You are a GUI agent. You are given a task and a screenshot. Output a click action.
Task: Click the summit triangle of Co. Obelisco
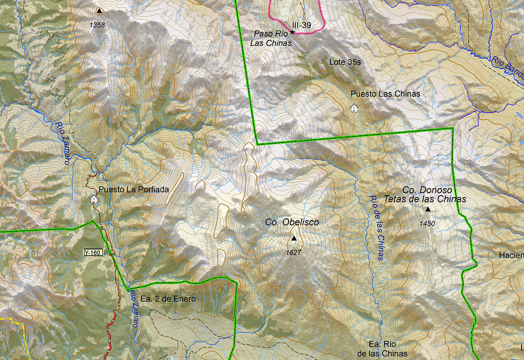point(294,238)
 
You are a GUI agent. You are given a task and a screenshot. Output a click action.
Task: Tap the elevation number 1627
point(294,252)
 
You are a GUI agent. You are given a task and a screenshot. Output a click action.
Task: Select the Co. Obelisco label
point(292,222)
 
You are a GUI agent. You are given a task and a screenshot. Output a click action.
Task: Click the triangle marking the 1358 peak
point(99,10)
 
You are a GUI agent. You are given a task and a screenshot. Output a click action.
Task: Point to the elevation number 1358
point(97,25)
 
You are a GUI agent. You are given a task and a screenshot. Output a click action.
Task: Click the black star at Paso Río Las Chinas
point(292,32)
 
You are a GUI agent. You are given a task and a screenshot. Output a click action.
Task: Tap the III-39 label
point(302,25)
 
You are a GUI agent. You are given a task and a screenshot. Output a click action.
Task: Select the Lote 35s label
point(345,62)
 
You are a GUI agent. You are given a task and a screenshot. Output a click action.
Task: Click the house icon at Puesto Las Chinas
point(354,108)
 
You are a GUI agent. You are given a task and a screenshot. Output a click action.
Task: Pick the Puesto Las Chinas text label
point(385,94)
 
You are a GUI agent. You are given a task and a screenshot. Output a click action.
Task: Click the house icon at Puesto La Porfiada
point(94,199)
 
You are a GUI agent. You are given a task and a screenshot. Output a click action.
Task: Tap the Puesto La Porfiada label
point(134,190)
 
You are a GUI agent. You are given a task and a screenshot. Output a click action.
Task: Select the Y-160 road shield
point(93,252)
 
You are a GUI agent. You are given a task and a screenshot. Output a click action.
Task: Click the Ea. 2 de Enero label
point(168,299)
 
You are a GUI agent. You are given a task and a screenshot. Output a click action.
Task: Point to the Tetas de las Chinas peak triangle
point(428,209)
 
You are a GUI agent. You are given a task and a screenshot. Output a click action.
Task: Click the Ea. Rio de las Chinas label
point(382,348)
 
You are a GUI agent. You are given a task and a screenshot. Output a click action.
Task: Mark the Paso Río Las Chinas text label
point(271,38)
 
